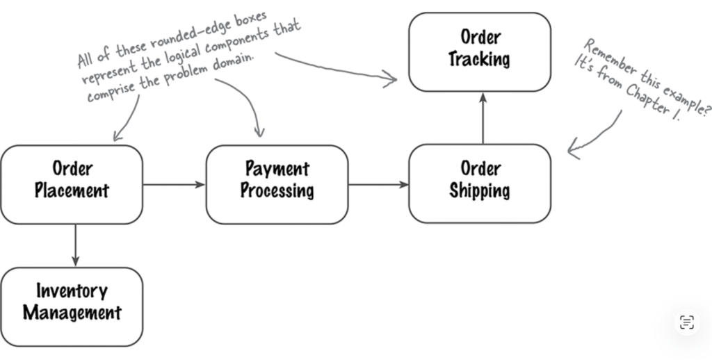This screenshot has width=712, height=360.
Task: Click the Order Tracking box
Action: coord(479,51)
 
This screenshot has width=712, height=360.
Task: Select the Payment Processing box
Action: coord(277,184)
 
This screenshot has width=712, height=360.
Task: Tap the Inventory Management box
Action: coord(72,306)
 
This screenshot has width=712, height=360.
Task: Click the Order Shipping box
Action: coord(480,183)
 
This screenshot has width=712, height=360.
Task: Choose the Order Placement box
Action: coord(72,184)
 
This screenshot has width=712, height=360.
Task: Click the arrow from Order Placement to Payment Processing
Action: coord(174,184)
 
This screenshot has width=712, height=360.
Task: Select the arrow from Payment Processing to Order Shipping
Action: coord(378,184)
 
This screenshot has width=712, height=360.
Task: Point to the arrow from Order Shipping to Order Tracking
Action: coord(483,117)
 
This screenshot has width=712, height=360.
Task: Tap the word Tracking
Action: coord(479,60)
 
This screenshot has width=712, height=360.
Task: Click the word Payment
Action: coord(277,168)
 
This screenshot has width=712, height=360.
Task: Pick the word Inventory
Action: coord(72,291)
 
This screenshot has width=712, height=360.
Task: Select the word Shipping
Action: coord(480,191)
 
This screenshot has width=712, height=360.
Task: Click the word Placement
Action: coord(72,191)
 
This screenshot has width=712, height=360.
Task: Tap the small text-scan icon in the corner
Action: coord(687,322)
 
